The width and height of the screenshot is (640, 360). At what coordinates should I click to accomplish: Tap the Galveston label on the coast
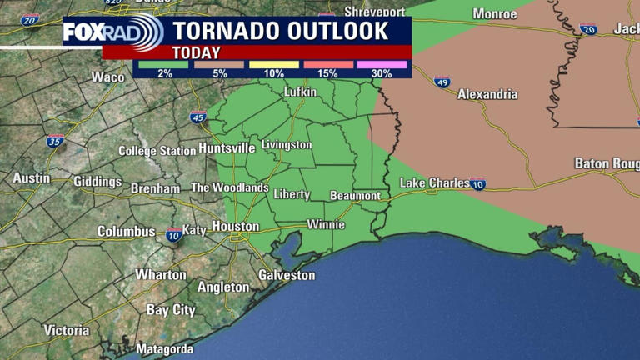(x=287, y=274)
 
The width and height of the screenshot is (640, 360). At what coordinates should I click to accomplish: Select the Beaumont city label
(x=355, y=196)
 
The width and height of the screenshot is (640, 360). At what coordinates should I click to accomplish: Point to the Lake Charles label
(x=434, y=182)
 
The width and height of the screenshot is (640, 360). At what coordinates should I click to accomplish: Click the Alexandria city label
(x=487, y=94)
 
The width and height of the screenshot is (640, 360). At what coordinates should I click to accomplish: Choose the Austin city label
(x=32, y=178)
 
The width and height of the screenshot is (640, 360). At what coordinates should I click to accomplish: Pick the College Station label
(x=157, y=151)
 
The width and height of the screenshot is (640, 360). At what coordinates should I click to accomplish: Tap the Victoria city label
(x=67, y=330)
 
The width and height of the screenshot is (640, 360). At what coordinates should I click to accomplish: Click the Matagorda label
(x=164, y=349)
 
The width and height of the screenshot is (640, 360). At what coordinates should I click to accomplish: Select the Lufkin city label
(x=300, y=92)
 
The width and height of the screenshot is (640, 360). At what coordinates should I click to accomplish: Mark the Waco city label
(x=107, y=77)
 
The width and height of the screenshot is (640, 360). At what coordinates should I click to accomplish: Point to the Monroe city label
(x=495, y=13)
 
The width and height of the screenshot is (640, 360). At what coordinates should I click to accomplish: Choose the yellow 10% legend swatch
(x=273, y=64)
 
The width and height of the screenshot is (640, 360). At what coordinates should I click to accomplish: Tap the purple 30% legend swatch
(x=382, y=64)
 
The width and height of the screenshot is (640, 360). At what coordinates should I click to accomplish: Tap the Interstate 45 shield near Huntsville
(x=197, y=117)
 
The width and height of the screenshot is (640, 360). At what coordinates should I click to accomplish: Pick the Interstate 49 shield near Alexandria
(x=442, y=82)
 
